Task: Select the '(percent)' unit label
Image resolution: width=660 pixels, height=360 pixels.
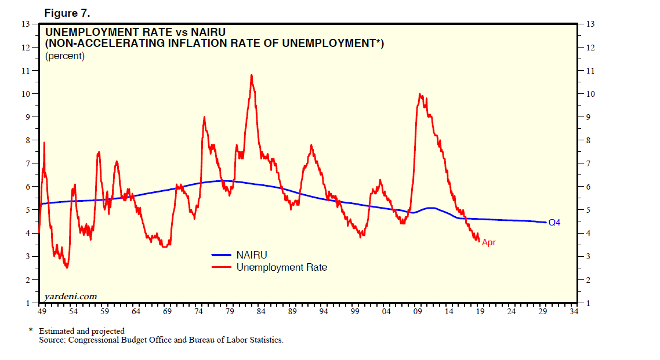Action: (x=65, y=56)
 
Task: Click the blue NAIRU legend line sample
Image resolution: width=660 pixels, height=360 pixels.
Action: (x=222, y=254)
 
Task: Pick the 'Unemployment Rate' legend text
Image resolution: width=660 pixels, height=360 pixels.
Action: (x=281, y=267)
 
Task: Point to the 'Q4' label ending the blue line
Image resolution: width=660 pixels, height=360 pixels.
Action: (x=554, y=222)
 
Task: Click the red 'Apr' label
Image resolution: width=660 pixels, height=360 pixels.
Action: (x=488, y=242)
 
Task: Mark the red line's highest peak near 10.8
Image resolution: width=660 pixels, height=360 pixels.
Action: (x=251, y=75)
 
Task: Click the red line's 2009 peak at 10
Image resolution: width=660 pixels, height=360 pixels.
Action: (x=419, y=94)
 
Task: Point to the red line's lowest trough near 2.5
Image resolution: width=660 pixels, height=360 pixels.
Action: (x=67, y=267)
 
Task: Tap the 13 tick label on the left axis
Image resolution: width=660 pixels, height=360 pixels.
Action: (x=26, y=24)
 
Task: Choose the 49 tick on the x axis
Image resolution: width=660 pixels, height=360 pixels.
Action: (x=41, y=311)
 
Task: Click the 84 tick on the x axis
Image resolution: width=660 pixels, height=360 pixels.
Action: (x=261, y=311)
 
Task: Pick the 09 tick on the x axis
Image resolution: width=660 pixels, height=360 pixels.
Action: (x=418, y=311)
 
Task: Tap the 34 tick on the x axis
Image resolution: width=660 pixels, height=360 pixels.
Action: (x=574, y=311)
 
